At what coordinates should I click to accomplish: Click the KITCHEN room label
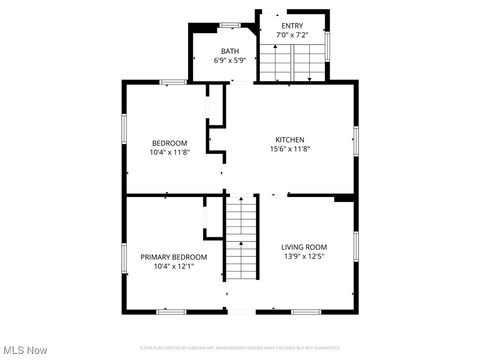[x=289, y=140]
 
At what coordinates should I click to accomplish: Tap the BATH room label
[x=230, y=51]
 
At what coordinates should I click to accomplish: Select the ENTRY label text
[x=292, y=26]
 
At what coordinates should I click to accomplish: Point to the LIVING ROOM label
[x=304, y=247]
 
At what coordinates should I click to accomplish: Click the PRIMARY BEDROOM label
[x=173, y=257]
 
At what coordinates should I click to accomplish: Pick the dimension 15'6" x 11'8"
[x=289, y=149]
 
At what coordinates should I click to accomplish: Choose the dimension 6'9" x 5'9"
[x=230, y=60]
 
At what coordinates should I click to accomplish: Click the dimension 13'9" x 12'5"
[x=304, y=256]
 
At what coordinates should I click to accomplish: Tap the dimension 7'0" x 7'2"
[x=292, y=35]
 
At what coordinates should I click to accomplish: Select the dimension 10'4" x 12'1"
[x=173, y=266]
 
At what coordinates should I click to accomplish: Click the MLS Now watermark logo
[x=25, y=350]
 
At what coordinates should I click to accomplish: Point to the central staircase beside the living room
[x=241, y=237]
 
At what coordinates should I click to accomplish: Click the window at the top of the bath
[x=230, y=25]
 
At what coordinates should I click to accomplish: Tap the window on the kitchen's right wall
[x=356, y=141]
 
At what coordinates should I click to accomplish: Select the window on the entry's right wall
[x=327, y=46]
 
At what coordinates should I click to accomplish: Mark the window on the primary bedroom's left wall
[x=124, y=258]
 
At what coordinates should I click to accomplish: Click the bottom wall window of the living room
[x=306, y=312]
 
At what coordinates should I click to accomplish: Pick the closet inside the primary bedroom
[x=213, y=218]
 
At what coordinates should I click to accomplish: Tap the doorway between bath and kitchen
[x=242, y=83]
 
